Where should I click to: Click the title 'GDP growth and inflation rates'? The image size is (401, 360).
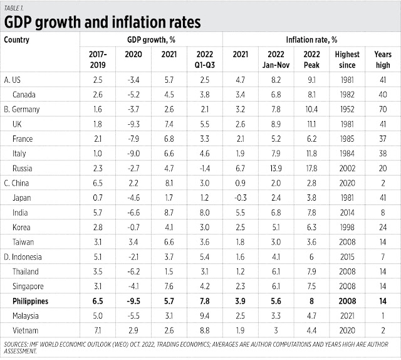(x=103, y=22)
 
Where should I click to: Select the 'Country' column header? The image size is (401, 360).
(x=17, y=39)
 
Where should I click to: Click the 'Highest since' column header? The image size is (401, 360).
(x=346, y=59)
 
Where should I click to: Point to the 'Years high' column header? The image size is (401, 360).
(x=382, y=59)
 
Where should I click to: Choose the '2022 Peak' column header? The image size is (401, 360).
(x=312, y=59)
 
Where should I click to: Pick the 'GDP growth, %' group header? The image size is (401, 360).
(x=151, y=39)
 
